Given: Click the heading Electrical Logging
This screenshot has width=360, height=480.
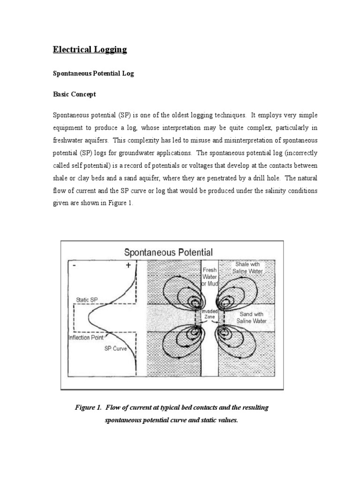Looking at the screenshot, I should click(x=90, y=50).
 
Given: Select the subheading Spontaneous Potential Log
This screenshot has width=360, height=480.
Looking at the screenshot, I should click(x=93, y=74).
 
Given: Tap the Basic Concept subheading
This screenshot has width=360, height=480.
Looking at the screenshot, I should click(x=74, y=94).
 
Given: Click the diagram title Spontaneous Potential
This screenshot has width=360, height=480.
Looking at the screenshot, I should click(x=168, y=253).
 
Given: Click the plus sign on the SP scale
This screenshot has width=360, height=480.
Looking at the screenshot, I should click(x=127, y=266).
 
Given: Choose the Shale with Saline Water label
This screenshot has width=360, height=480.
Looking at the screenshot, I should click(x=248, y=268).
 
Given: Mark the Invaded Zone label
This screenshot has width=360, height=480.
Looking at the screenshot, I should click(x=210, y=314).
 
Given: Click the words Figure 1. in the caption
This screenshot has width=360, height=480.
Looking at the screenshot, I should click(x=88, y=408).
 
